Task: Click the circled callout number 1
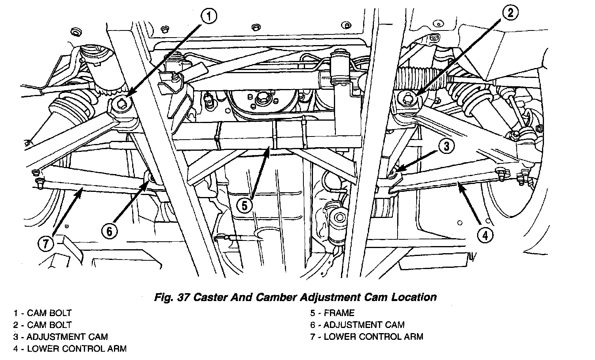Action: [209, 16]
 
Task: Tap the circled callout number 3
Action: [446, 147]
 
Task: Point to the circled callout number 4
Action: [485, 236]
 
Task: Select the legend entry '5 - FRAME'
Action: [332, 313]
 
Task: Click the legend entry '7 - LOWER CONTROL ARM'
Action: [367, 337]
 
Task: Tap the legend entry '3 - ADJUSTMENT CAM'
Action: [61, 337]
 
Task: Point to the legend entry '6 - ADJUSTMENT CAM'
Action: [357, 325]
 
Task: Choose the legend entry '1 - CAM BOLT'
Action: [42, 313]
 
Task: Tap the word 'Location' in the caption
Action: [414, 297]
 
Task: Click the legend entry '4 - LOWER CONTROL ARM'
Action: [70, 349]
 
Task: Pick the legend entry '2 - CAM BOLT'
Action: [42, 325]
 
